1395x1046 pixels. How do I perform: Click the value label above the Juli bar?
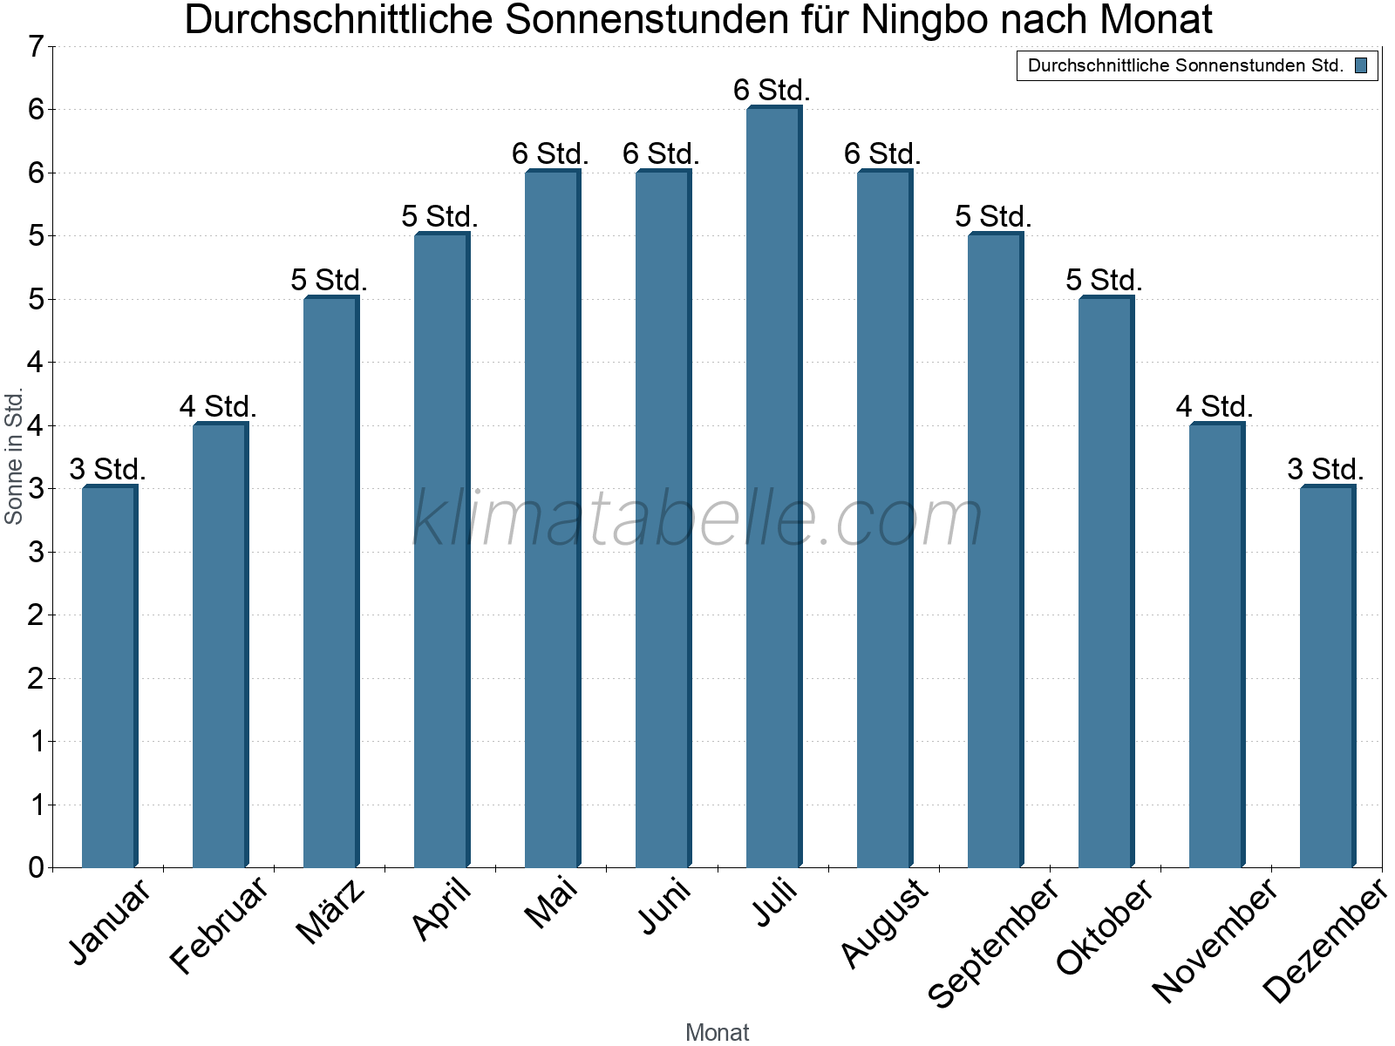[772, 90]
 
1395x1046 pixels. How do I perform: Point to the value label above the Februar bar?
[218, 406]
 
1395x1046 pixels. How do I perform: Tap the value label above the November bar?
[1215, 406]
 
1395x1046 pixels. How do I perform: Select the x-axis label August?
[884, 923]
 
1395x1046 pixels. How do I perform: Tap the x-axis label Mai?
[551, 903]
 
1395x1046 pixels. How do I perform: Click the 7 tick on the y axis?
[36, 46]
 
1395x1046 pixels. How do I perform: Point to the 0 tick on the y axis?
[36, 867]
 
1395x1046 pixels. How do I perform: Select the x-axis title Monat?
[717, 1032]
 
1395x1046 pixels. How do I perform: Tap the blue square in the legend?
[1361, 65]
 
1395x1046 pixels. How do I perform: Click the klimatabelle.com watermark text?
[697, 519]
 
